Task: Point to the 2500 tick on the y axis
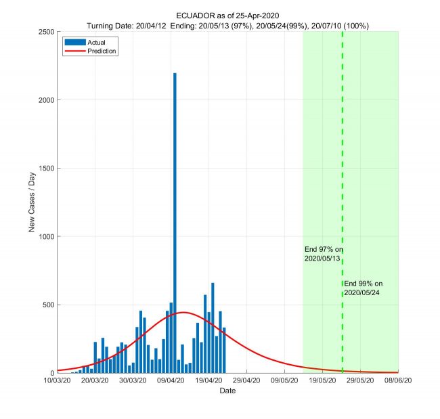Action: (x=45, y=32)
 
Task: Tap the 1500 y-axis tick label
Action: (x=45, y=169)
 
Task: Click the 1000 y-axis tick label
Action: (x=45, y=237)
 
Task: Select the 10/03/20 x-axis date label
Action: (x=58, y=380)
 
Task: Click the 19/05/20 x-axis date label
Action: (x=322, y=380)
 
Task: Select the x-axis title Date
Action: (x=227, y=391)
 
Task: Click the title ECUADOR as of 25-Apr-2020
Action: (x=227, y=16)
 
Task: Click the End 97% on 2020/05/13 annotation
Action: (x=324, y=254)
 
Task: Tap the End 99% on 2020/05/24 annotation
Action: (x=364, y=288)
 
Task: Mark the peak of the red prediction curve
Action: (x=183, y=312)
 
